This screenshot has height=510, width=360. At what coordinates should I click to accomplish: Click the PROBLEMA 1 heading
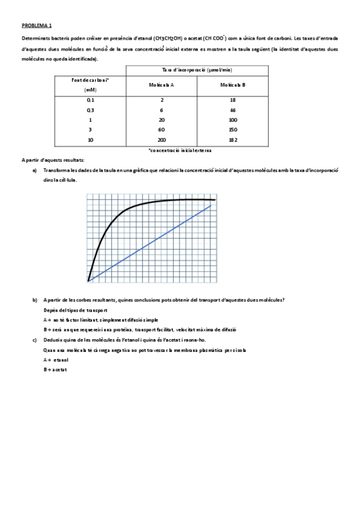(x=37, y=26)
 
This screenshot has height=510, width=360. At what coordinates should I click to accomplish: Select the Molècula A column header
(x=162, y=85)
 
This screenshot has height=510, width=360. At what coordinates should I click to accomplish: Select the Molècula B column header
(x=233, y=85)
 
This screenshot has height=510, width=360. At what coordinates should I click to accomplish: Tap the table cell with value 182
(x=233, y=140)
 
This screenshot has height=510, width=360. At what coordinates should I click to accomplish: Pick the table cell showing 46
(x=233, y=110)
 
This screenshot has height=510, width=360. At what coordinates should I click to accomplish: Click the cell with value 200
(x=162, y=140)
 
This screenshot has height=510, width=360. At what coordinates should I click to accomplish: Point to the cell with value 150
(x=233, y=129)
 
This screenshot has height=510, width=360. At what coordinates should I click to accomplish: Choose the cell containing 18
(x=233, y=100)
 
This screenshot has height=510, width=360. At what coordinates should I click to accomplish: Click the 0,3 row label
(x=90, y=110)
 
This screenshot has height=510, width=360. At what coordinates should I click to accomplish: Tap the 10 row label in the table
(x=90, y=140)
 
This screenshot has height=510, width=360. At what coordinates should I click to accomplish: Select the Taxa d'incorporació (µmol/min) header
(x=197, y=70)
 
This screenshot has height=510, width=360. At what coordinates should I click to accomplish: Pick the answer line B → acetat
(x=55, y=369)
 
